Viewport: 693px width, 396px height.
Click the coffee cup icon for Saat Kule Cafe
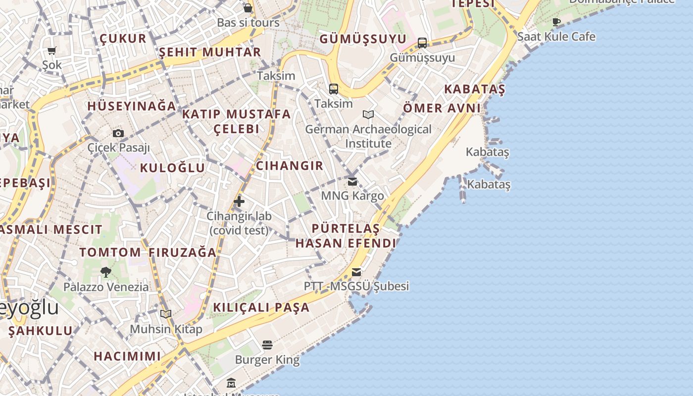pyautogui.click(x=556, y=22)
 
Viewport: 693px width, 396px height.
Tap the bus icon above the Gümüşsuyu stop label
pyautogui.click(x=422, y=43)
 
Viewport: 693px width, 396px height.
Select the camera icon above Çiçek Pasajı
pyautogui.click(x=118, y=133)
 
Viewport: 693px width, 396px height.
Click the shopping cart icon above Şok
pyautogui.click(x=51, y=50)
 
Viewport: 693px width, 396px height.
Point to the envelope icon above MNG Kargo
pyautogui.click(x=352, y=182)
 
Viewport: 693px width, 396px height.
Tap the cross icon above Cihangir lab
pyautogui.click(x=239, y=201)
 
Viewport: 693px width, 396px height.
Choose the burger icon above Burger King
pyautogui.click(x=267, y=345)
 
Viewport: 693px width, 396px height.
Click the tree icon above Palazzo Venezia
pyautogui.click(x=105, y=272)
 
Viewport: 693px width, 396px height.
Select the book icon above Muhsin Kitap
pyautogui.click(x=166, y=314)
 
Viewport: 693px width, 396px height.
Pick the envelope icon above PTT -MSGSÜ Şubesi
pyautogui.click(x=356, y=272)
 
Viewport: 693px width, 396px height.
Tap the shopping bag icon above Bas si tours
pyautogui.click(x=248, y=8)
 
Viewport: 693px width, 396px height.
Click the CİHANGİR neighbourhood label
pyautogui.click(x=290, y=166)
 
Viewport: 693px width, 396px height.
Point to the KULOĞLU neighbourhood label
pyautogui.click(x=172, y=168)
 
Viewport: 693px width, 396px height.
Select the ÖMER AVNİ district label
pyautogui.click(x=442, y=108)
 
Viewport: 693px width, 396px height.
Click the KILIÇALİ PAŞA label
pyautogui.click(x=261, y=307)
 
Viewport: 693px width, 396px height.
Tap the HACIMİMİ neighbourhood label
pyautogui.click(x=127, y=356)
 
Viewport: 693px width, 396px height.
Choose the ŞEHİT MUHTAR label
pyautogui.click(x=210, y=52)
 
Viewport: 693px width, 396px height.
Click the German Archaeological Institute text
pyautogui.click(x=368, y=136)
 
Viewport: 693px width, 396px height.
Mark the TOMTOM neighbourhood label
pyautogui.click(x=110, y=252)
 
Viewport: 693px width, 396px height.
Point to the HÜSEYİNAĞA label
pyautogui.click(x=132, y=106)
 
